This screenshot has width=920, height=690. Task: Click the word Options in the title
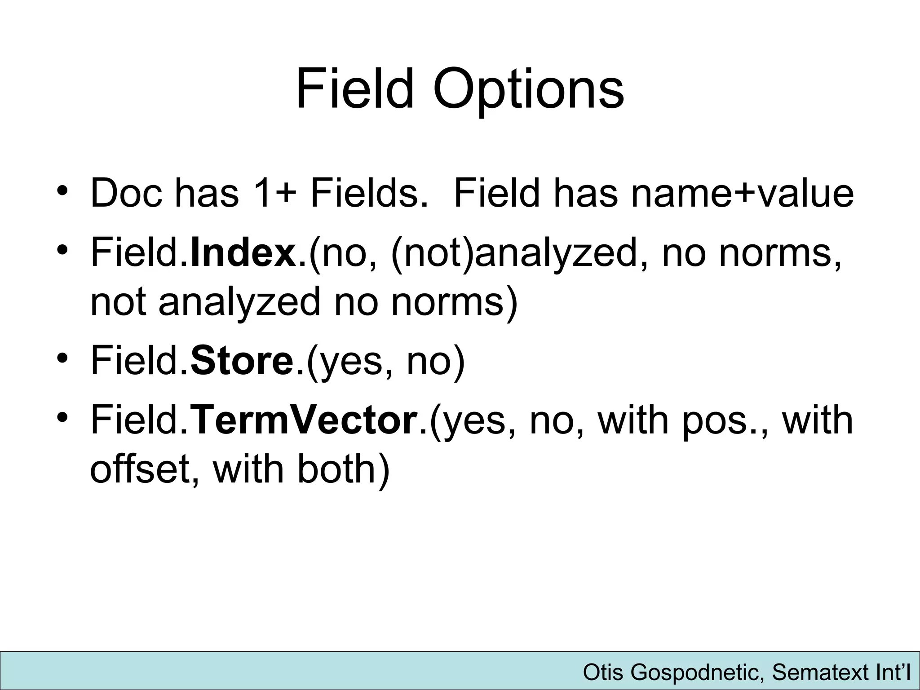tap(528, 90)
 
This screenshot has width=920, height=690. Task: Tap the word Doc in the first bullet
tap(126, 194)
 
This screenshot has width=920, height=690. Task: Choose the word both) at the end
tap(343, 469)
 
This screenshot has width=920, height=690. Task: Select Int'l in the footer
tap(892, 673)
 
